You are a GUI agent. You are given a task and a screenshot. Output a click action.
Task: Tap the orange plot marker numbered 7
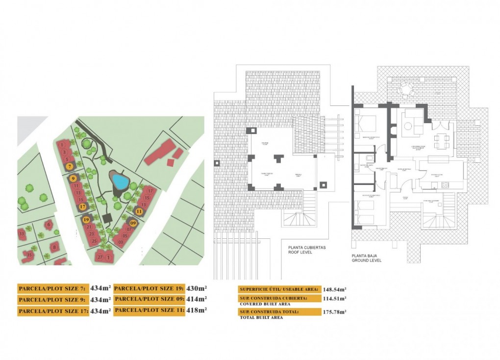point(71,166)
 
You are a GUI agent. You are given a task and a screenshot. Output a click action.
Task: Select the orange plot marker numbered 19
point(86,220)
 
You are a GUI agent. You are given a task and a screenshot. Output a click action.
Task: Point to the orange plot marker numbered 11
point(139,211)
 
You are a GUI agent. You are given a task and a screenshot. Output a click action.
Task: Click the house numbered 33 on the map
point(22,234)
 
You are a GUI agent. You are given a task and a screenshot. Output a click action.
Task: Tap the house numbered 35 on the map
point(29,255)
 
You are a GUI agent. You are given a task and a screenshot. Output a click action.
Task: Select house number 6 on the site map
point(48,225)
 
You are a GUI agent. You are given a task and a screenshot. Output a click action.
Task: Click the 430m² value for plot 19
point(197,288)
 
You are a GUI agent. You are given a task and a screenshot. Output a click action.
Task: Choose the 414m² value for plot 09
point(197,299)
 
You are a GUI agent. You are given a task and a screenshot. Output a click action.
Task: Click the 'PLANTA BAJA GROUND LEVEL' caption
point(366,258)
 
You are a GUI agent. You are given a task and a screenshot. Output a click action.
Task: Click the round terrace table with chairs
point(406,89)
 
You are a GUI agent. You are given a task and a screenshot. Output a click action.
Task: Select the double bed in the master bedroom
point(366,124)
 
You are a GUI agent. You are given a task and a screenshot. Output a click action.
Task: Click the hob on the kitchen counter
point(445,185)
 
